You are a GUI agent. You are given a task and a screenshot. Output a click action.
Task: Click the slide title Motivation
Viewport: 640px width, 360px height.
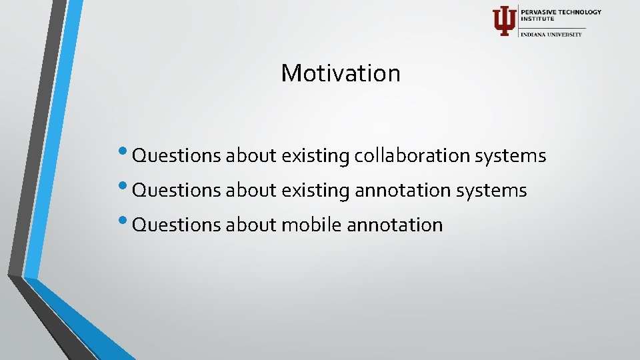341,73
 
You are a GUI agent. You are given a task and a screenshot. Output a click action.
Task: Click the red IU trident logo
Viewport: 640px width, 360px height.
504,21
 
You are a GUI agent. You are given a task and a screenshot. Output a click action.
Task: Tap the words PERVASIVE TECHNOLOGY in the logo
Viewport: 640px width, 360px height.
561,12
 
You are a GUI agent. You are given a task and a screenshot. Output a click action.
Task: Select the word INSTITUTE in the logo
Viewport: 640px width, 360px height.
537,19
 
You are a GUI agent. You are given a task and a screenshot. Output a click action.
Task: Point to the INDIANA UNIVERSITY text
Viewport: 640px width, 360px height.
551,34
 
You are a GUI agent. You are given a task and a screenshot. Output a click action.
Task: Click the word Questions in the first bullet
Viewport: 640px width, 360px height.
177,157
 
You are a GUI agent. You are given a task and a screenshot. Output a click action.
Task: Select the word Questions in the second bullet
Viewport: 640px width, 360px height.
177,191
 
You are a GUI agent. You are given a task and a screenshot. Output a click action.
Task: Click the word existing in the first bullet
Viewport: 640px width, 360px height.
315,157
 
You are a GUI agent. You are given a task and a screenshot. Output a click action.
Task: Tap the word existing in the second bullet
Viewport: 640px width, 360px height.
315,191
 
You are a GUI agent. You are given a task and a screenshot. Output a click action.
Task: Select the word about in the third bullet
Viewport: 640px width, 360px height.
251,225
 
